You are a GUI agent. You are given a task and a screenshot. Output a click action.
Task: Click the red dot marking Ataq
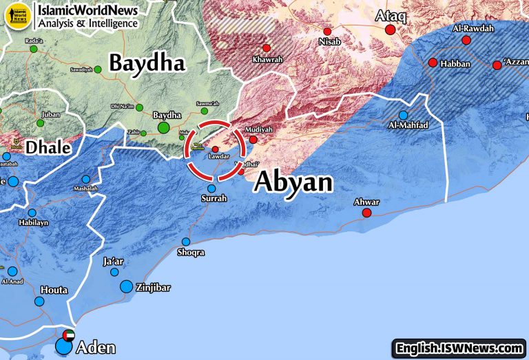391,30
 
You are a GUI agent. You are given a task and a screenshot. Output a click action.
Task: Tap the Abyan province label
293,182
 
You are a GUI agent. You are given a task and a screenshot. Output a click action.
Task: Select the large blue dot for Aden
63,346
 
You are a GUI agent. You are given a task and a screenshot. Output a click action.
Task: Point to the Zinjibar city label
153,288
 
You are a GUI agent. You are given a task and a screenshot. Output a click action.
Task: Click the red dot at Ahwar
367,213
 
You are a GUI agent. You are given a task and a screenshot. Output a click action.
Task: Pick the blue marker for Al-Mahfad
403,115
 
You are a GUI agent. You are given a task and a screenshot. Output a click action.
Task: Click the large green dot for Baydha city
163,127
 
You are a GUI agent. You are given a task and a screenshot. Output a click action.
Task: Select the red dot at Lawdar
215,149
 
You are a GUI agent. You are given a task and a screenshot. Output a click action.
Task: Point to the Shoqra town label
191,253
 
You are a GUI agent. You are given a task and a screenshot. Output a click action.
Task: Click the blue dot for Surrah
211,188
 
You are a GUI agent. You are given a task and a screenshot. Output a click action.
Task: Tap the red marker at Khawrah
267,47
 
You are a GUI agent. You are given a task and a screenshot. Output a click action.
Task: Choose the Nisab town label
329,42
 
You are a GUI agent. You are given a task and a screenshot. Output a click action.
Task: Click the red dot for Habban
433,63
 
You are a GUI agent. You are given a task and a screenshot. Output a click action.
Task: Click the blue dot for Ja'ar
114,272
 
